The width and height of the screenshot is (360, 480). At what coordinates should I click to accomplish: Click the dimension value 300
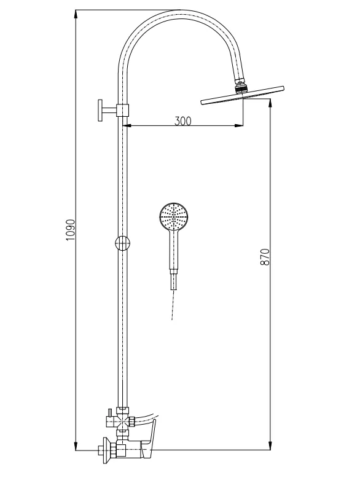[182, 120]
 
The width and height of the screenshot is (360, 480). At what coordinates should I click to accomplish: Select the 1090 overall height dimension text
[70, 230]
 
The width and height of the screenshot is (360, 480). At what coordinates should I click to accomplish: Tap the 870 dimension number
[265, 257]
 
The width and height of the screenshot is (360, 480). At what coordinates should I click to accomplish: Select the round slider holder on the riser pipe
[123, 243]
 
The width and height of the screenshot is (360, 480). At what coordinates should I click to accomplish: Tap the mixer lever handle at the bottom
[151, 436]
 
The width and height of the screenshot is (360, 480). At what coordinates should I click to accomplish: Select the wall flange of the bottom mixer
[106, 450]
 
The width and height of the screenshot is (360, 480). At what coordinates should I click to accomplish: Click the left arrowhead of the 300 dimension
[128, 127]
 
